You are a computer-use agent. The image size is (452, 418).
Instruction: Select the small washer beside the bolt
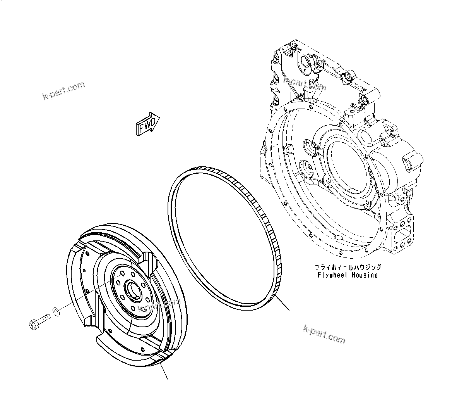tap(56, 311)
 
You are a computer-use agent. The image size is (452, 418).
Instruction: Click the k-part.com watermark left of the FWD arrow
tap(63, 90)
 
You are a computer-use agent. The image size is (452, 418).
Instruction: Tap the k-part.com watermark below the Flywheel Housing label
tap(324, 334)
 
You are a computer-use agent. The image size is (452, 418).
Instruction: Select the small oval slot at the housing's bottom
tap(337, 238)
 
